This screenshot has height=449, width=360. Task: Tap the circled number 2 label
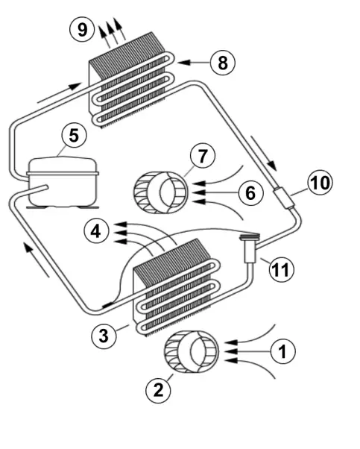[157, 389]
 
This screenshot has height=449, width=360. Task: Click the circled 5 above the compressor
[72, 136]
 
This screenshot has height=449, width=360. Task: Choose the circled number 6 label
[251, 193]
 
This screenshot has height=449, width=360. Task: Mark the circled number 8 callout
[221, 63]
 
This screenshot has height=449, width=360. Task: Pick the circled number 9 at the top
[81, 30]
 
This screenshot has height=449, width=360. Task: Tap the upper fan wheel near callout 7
[161, 191]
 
